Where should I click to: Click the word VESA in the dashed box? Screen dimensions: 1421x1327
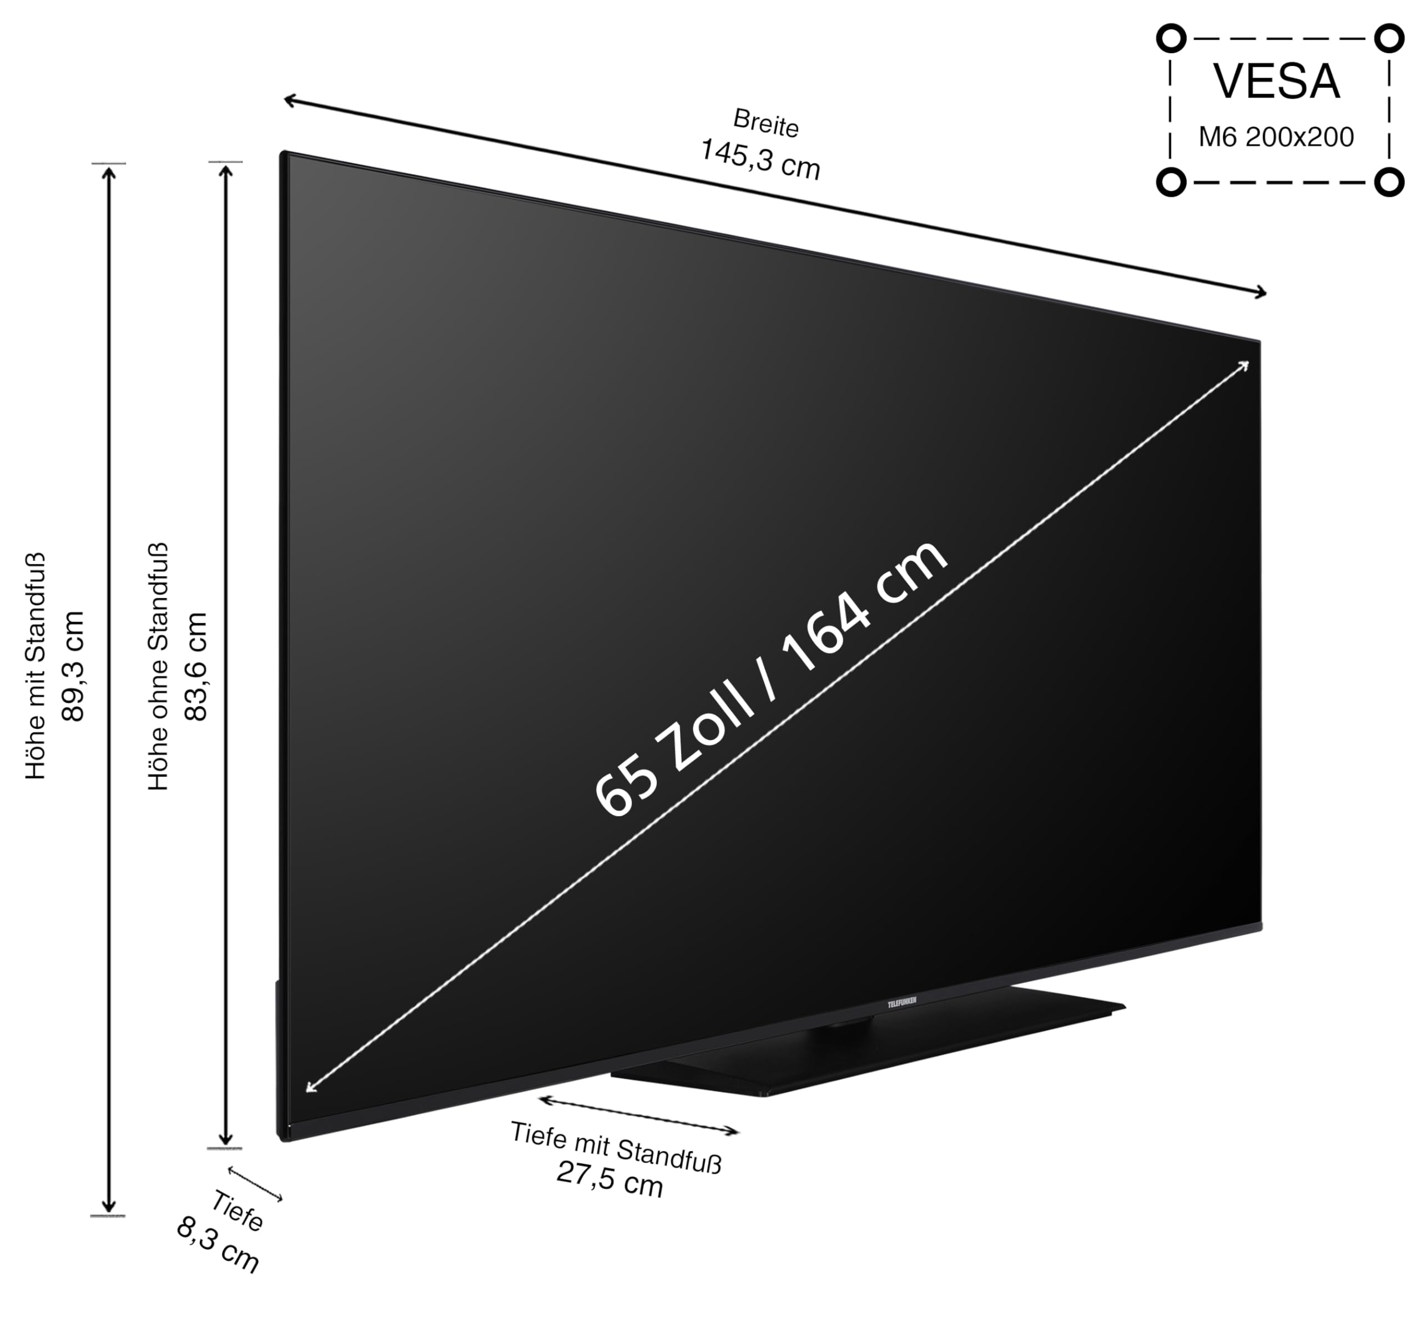click(x=1277, y=82)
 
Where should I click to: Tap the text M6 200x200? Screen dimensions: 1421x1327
click(x=1276, y=137)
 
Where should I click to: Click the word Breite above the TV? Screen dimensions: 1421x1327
click(x=765, y=122)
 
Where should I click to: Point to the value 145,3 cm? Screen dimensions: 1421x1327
click(x=760, y=159)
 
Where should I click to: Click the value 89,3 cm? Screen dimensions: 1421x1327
click(x=74, y=666)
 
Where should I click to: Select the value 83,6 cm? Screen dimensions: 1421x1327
click(x=195, y=666)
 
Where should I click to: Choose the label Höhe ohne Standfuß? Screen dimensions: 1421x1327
click(x=158, y=666)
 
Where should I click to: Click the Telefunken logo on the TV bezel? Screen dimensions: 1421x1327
click(x=902, y=1002)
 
